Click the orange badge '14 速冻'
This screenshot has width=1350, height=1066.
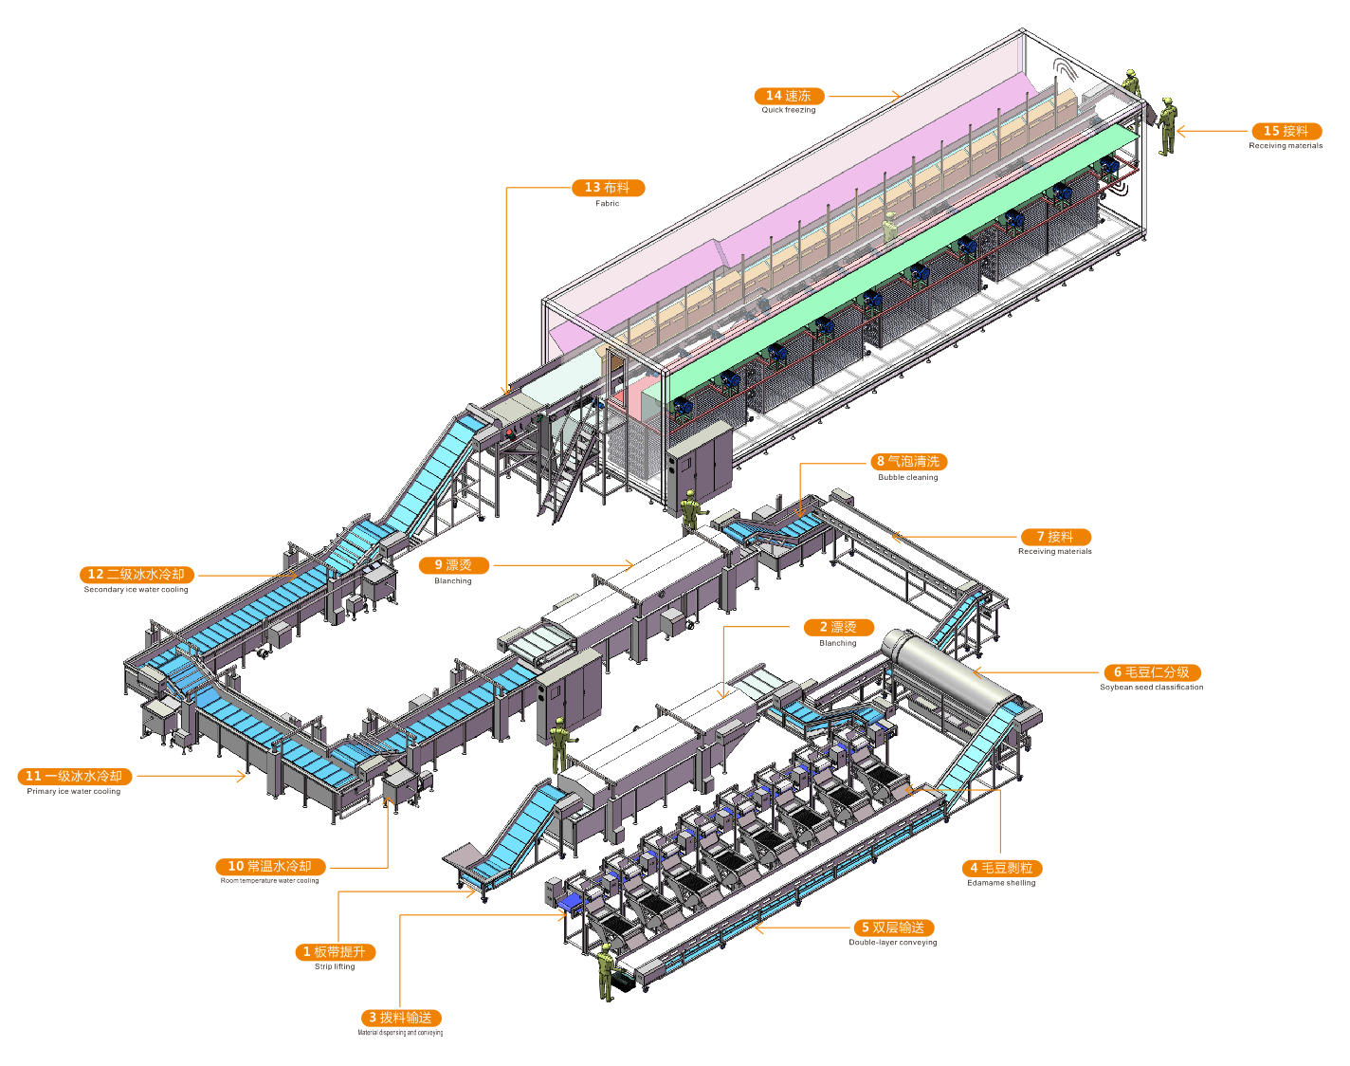789,96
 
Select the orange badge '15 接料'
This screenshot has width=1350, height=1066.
1286,131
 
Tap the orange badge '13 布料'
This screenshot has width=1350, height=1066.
608,188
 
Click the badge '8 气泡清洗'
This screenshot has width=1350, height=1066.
908,462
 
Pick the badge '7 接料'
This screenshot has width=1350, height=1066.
1055,537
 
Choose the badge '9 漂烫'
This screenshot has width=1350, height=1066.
453,565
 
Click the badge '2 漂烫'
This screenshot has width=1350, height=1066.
838,627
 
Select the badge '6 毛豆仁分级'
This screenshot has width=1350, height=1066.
1152,672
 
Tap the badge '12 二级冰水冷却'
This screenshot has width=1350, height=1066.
137,575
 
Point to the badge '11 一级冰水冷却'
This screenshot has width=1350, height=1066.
74,776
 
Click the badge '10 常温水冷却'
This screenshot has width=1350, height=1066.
270,866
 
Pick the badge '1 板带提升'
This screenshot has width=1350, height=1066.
335,951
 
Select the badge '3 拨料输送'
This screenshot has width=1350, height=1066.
400,1018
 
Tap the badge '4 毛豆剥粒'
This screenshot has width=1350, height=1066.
1001,868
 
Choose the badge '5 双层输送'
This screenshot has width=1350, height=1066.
893,928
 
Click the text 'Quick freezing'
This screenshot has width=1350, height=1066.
789,110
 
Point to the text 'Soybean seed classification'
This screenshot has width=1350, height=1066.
1152,688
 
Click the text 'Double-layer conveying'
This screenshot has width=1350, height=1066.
893,943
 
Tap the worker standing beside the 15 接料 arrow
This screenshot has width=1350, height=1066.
1168,125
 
